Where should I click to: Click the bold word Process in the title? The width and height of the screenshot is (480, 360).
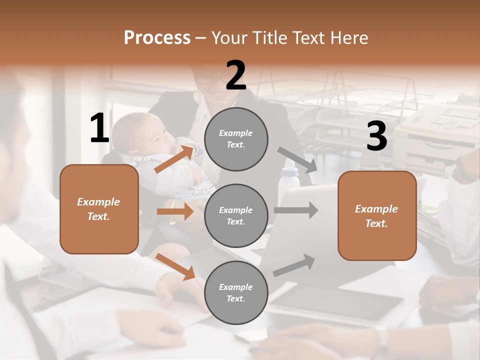(x=157, y=37)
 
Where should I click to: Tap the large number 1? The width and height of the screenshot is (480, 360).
(x=99, y=128)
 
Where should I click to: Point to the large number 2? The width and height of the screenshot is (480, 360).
(x=236, y=75)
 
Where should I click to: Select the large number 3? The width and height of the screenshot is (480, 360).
(x=376, y=136)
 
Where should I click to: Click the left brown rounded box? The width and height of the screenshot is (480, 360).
(x=99, y=209)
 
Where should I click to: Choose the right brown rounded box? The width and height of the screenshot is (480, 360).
(x=377, y=216)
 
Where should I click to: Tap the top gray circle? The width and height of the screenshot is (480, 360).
(x=236, y=139)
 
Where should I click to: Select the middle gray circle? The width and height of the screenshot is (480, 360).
(x=236, y=215)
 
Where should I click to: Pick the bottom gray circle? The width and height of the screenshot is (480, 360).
(x=236, y=292)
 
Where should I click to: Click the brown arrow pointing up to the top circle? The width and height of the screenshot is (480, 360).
(x=174, y=158)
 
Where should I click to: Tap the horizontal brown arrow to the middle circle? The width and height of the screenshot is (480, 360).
(x=175, y=211)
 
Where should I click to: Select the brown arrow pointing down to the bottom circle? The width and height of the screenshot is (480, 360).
(x=175, y=266)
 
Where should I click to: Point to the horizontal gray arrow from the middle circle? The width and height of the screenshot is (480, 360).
(x=296, y=210)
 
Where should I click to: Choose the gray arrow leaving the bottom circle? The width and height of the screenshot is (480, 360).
(x=294, y=265)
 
